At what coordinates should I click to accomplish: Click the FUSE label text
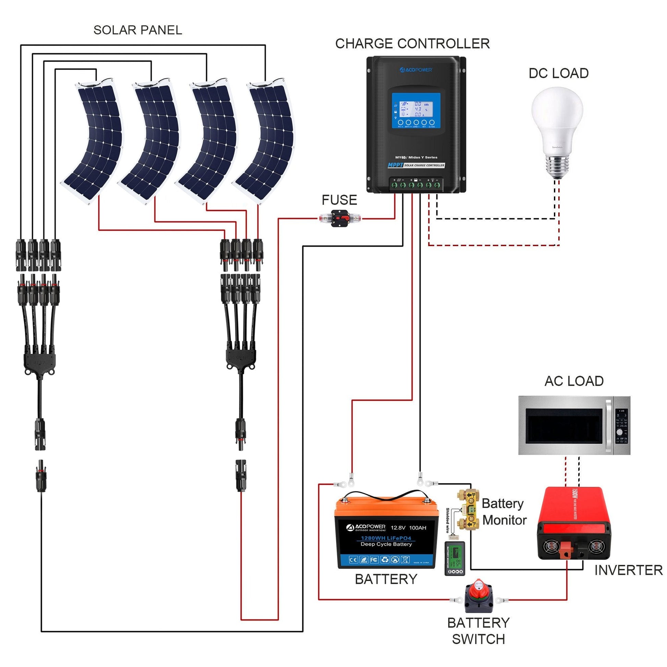click(339, 200)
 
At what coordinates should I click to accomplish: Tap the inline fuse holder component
click(340, 218)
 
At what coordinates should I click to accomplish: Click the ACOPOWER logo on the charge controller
click(416, 70)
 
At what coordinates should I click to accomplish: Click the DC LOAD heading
click(558, 73)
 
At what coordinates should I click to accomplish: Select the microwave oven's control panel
click(621, 426)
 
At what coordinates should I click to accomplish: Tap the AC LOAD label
click(574, 381)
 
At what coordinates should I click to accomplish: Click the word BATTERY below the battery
click(386, 579)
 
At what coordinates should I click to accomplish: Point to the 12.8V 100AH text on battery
click(409, 528)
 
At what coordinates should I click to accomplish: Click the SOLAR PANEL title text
click(137, 31)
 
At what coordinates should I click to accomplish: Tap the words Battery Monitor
click(504, 512)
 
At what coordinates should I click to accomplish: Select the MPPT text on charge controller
click(395, 165)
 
